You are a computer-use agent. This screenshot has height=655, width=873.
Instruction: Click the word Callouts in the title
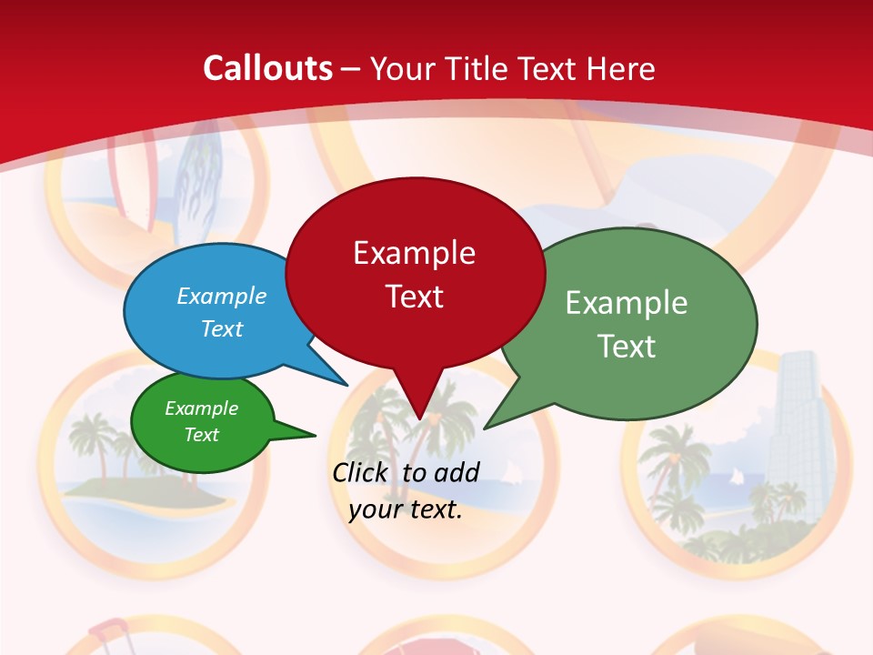click(x=267, y=68)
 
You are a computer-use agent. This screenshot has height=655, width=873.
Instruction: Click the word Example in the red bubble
click(x=414, y=252)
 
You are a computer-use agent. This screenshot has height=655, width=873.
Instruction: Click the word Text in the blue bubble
click(x=222, y=328)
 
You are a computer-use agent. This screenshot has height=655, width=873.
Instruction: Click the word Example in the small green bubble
click(x=201, y=408)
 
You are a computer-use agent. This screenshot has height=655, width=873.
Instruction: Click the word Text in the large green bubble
click(x=626, y=347)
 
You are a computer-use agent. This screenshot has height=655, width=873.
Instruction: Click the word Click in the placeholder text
click(x=361, y=471)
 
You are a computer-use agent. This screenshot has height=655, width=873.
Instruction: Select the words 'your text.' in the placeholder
click(x=406, y=510)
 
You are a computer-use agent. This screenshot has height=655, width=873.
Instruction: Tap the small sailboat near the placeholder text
click(x=513, y=471)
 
